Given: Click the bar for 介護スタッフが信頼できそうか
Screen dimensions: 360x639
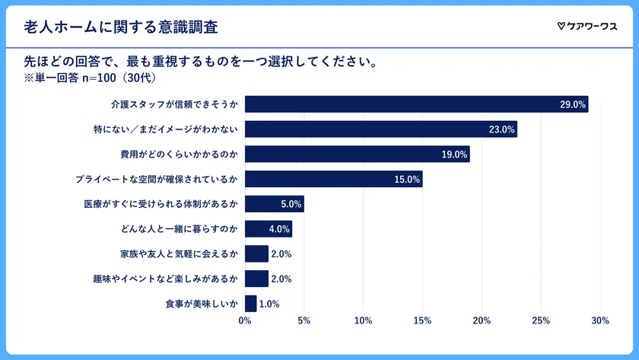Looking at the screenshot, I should point(416,104).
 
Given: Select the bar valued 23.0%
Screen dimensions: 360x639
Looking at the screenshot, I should point(380,129).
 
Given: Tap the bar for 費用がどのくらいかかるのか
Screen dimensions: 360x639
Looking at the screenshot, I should point(357,155).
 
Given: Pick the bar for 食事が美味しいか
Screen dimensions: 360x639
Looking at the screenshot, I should point(250,304).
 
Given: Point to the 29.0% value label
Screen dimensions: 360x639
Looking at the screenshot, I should point(573,105).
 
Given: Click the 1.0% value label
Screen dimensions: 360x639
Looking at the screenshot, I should point(269,304).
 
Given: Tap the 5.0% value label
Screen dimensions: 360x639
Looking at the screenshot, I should point(291,204).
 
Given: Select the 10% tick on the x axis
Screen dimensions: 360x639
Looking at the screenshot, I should point(363,320).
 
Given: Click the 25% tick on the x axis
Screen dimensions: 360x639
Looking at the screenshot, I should point(540,320).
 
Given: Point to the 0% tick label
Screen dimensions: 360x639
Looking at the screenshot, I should point(245,320).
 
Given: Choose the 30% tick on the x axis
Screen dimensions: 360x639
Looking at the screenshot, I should point(599,320).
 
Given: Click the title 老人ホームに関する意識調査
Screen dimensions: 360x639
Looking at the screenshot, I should point(121,27).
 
